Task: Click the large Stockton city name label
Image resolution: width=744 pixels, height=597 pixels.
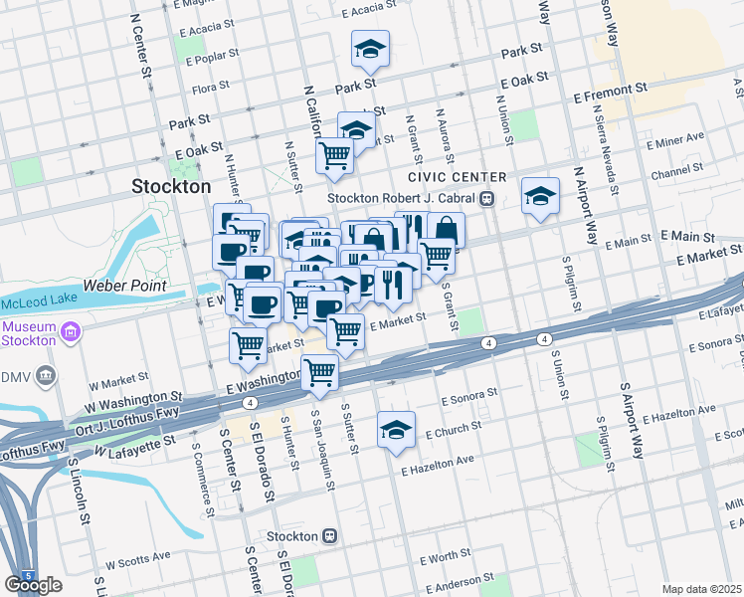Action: tap(172, 186)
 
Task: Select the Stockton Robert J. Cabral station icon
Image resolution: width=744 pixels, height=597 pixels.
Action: tap(487, 197)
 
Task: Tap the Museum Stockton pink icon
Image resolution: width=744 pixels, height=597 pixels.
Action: tap(70, 331)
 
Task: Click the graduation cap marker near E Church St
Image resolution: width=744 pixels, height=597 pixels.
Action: tap(396, 429)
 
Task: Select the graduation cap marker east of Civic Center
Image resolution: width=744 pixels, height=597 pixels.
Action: tap(540, 195)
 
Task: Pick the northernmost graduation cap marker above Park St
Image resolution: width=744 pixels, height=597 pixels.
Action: tap(370, 49)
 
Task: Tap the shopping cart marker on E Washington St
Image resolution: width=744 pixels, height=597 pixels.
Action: tap(320, 371)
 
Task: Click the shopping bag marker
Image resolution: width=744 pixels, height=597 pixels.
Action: tap(446, 230)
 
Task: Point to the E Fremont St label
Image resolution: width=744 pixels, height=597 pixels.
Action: tap(618, 91)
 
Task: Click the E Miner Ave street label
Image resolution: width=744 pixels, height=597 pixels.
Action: tap(674, 137)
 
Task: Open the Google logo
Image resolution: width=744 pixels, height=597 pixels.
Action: tap(33, 585)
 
